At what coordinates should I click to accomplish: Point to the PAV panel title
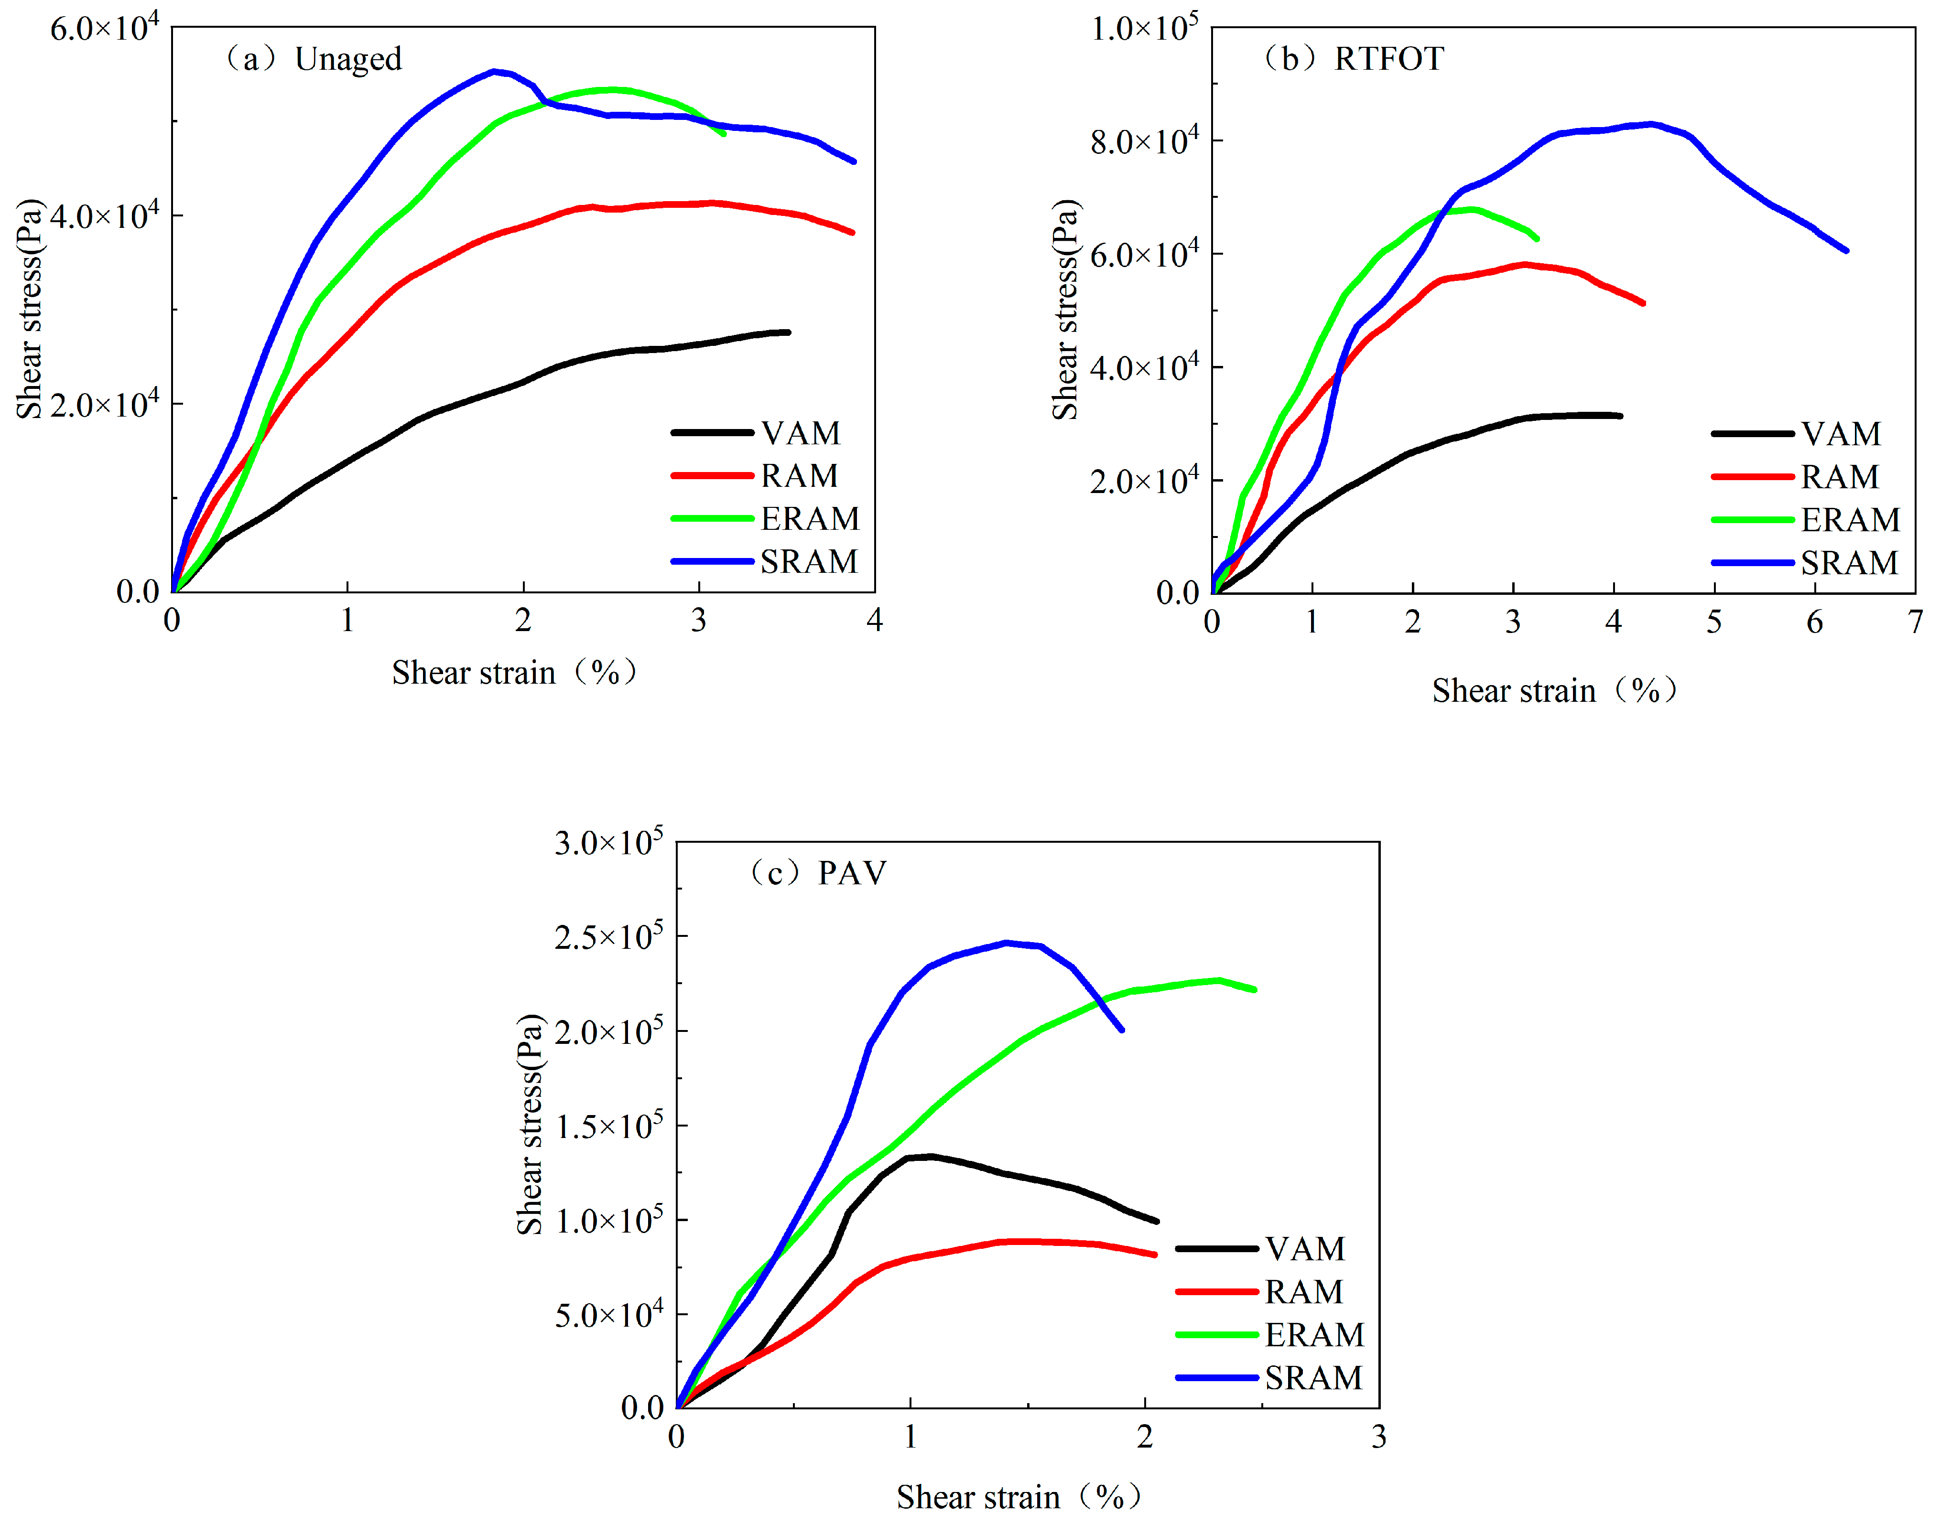pos(817,873)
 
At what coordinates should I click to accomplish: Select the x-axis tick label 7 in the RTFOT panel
pos(1915,622)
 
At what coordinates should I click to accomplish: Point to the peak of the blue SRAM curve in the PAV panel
pos(1007,942)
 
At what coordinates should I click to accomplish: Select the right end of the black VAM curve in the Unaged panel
pos(788,332)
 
